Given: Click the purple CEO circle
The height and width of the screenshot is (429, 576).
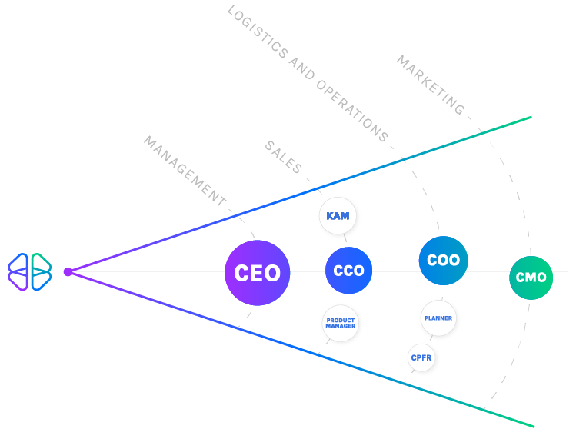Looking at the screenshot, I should (257, 273).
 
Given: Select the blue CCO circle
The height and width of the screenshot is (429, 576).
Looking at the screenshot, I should (348, 271).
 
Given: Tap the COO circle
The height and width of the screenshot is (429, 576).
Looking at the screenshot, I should (443, 260).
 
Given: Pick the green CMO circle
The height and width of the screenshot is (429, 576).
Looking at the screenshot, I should (531, 278).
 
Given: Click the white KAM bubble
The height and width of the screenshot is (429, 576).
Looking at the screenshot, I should (338, 216).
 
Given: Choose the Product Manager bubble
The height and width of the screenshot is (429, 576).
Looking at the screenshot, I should (340, 323).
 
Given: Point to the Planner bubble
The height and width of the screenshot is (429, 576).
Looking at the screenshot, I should (438, 318).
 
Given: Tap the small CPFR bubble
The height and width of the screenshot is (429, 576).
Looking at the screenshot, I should (421, 357).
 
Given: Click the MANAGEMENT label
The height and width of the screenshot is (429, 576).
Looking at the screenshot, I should (185, 171).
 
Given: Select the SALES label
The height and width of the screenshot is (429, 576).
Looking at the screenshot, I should (284, 158).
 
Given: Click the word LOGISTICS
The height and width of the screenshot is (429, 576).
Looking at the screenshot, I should (258, 34).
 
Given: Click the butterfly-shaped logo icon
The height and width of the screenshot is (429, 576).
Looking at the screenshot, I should (30, 271).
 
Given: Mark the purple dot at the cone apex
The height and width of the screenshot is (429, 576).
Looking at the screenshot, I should (68, 271).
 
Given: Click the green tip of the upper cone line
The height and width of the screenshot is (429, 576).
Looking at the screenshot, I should (529, 117).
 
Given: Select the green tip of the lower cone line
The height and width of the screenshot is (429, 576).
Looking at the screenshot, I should (531, 425).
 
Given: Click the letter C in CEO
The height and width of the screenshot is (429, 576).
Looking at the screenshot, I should (241, 273).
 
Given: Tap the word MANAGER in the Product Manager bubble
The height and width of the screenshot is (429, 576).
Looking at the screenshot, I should (340, 327).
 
